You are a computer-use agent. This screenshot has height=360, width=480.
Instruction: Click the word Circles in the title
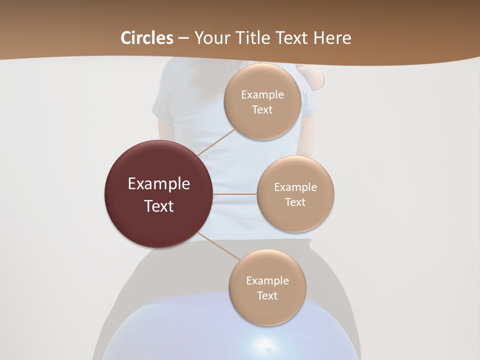tap(147, 38)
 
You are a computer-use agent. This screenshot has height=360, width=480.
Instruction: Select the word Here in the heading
tap(332, 38)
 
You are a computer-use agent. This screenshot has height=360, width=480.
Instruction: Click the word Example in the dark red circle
tap(159, 184)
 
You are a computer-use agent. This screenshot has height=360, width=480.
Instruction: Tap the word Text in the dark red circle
tap(159, 206)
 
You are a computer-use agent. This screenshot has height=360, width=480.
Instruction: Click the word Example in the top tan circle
tap(262, 95)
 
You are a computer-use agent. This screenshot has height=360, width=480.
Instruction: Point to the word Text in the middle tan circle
tap(295, 202)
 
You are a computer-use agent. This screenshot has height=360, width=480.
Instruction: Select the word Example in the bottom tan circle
tap(267, 281)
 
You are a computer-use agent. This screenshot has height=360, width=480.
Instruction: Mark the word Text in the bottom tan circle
tap(267, 296)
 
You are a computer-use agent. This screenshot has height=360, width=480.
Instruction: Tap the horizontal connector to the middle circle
tap(234, 194)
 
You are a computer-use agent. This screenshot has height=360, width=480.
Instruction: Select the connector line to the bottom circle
tap(218, 246)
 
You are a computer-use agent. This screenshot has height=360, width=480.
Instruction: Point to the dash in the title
tap(183, 38)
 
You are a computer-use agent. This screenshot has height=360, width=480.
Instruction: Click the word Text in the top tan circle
tap(262, 110)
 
